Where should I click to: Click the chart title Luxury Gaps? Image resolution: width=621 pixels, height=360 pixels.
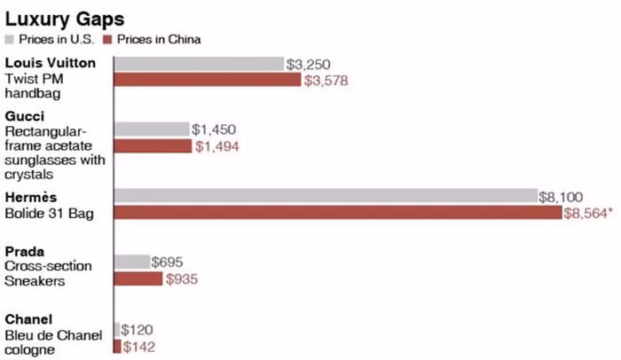[x=54, y=18]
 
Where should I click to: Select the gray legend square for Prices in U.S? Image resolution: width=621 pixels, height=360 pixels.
[x=10, y=39]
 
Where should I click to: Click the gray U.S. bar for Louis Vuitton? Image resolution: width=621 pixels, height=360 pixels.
[x=199, y=64]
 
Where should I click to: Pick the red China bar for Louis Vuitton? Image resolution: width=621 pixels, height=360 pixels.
[x=208, y=81]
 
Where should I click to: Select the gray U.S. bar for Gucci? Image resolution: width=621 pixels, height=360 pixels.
[x=152, y=129]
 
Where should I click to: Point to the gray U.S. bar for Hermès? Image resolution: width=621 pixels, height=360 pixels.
[x=326, y=196]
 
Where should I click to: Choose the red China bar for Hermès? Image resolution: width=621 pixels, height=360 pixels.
[x=338, y=213]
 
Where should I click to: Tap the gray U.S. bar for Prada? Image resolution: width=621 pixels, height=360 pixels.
[x=132, y=262]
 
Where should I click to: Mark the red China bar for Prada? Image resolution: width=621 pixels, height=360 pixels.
[x=138, y=278]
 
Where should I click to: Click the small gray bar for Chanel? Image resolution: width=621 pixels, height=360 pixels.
[x=117, y=329]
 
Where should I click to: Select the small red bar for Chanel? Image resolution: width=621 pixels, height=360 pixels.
[x=117, y=345]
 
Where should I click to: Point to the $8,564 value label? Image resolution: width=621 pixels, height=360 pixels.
[x=589, y=214]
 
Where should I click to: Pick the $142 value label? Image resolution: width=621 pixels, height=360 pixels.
[x=139, y=346]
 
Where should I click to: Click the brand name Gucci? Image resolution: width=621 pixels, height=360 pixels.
[x=24, y=116]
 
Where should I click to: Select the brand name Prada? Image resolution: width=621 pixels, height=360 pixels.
[x=23, y=252]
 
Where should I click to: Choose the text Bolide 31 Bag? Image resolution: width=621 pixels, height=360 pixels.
[x=48, y=214]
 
